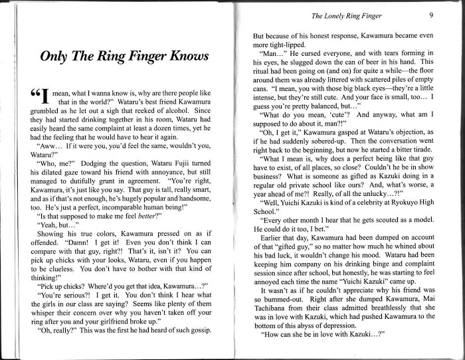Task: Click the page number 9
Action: click(431, 15)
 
